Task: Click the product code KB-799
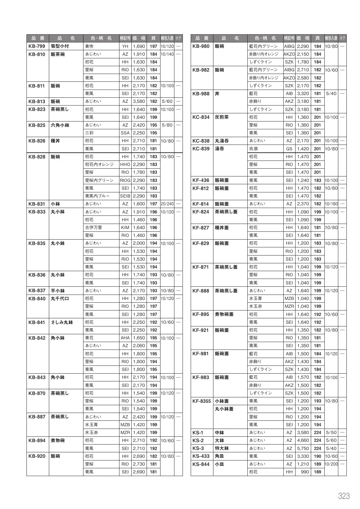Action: [x=37, y=46]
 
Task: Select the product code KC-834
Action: [x=201, y=117]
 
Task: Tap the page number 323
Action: [x=344, y=496]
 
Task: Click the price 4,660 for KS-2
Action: [x=303, y=440]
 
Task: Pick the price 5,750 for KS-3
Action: [x=303, y=448]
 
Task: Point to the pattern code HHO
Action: [x=125, y=165]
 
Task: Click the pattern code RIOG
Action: [x=125, y=181]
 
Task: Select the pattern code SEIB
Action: [x=125, y=196]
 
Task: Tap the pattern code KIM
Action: [x=125, y=228]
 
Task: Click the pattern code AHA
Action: [x=125, y=338]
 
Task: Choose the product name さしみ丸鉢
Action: [x=62, y=322]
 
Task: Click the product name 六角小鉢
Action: [x=60, y=125]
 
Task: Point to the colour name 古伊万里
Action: [x=93, y=228]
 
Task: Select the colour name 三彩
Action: [x=89, y=133]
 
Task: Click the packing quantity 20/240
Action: [x=167, y=204]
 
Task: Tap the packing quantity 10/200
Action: [x=331, y=464]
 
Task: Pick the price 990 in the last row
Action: [x=305, y=472]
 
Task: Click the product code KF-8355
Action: [x=202, y=401]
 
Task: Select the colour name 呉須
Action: [x=253, y=149]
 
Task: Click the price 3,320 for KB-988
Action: [x=303, y=94]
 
